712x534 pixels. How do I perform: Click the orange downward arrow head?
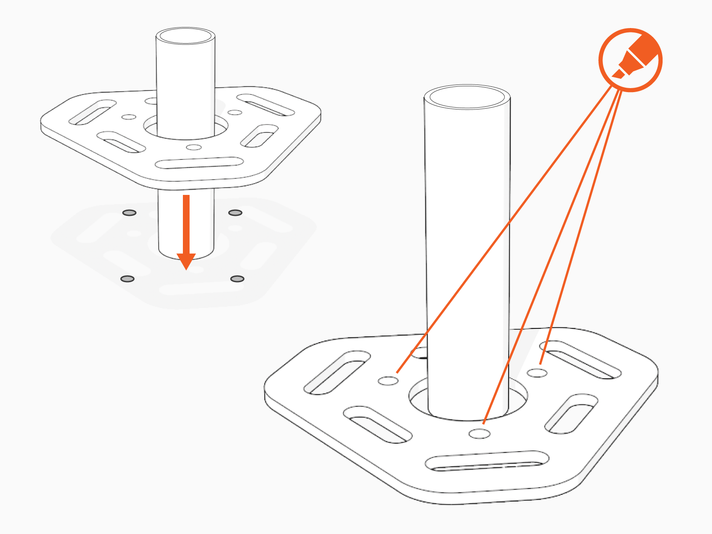tap(186, 260)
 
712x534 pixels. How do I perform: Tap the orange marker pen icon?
tap(631, 60)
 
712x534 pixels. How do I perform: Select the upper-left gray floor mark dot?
tap(129, 213)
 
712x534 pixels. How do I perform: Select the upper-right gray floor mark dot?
tap(235, 213)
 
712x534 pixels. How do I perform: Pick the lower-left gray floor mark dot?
tap(127, 279)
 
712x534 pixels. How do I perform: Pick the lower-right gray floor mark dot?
tap(237, 279)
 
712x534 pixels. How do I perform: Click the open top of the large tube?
tap(467, 97)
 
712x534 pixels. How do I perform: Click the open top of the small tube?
tap(185, 36)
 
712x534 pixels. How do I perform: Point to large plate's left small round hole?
tap(388, 381)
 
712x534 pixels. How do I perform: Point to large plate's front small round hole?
tap(479, 433)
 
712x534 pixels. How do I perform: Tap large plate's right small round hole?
tap(537, 372)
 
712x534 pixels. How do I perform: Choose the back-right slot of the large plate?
tap(580, 360)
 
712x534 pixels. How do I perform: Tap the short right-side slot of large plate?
tap(571, 414)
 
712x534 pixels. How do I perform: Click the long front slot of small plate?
tap(199, 163)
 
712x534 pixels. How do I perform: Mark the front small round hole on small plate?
tap(194, 147)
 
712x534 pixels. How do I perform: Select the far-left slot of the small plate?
tap(92, 112)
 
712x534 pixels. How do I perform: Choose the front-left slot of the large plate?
tap(377, 425)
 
